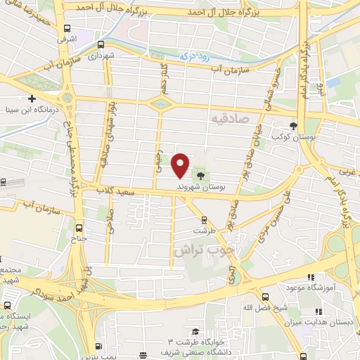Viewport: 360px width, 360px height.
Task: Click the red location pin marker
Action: [181, 164]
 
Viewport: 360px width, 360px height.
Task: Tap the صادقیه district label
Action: [229, 120]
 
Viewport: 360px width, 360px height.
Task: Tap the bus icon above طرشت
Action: [204, 219]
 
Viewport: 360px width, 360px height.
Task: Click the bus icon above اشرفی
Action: [67, 29]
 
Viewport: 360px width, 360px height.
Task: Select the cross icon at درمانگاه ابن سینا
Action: [32, 98]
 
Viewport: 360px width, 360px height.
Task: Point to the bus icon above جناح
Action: [78, 229]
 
